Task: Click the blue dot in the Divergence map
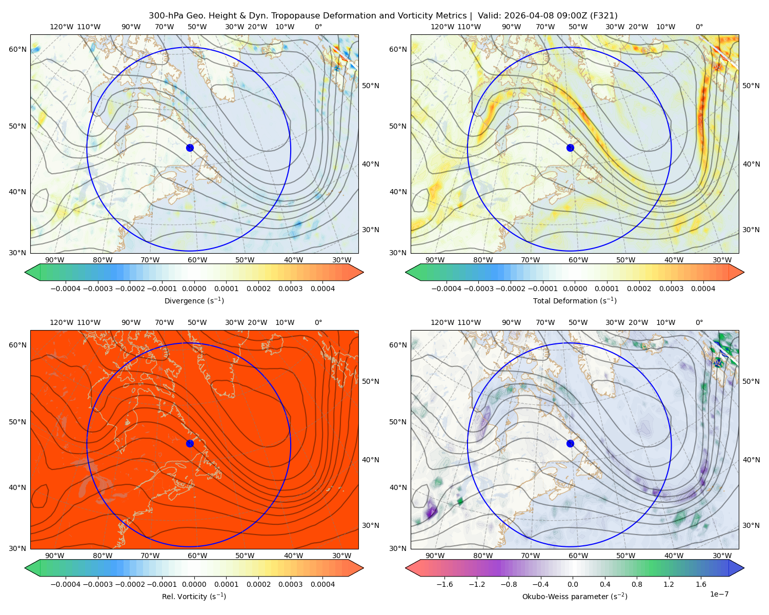pos(190,148)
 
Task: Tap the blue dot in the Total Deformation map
pos(570,148)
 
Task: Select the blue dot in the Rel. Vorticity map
pos(190,443)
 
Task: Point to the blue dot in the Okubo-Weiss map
pos(570,443)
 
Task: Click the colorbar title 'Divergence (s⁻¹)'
pos(194,300)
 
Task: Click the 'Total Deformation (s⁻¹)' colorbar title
pos(575,300)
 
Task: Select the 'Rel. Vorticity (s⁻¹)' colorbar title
pos(194,596)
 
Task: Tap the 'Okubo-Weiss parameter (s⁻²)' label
pos(575,596)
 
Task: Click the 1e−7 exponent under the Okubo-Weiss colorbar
pos(719,594)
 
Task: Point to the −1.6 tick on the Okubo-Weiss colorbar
pos(444,584)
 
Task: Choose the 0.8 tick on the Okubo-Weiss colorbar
pos(637,584)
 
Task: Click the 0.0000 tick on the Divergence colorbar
pos(194,289)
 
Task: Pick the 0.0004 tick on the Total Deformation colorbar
pos(703,289)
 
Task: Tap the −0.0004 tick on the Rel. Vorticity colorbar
pos(66,584)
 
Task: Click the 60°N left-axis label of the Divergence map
pos(17,49)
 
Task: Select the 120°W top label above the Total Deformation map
pos(442,27)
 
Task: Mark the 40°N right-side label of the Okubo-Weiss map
pos(751,460)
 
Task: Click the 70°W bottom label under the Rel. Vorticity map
pos(150,556)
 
